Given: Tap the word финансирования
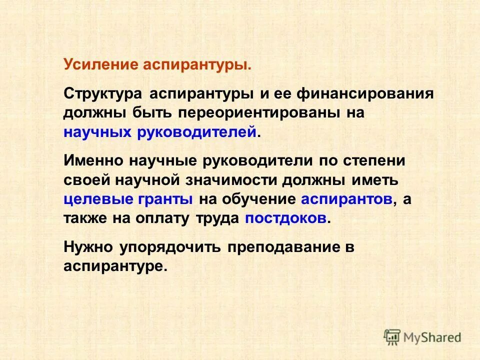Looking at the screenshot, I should (364, 94).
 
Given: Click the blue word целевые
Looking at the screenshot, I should (97, 198).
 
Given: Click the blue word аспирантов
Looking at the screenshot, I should (346, 198).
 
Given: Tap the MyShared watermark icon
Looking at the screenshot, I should (392, 337).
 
